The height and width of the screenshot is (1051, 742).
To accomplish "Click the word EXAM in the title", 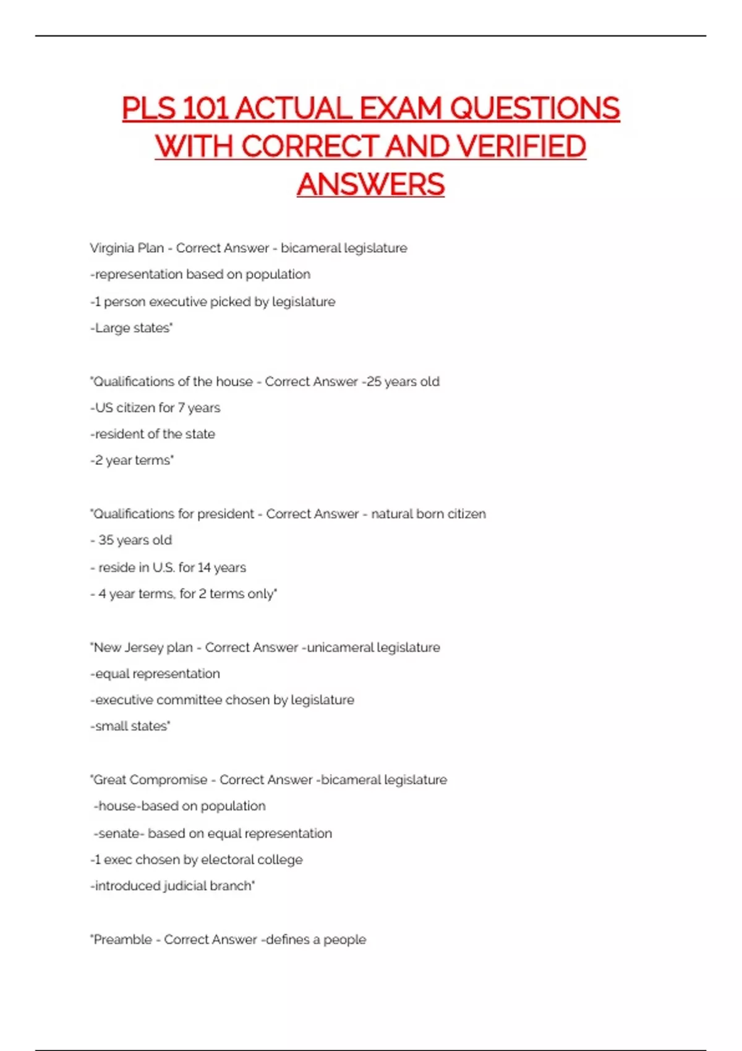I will coord(401,109).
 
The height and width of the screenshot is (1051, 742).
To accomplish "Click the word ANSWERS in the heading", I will coord(370,185).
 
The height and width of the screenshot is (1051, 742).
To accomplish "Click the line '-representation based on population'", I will coord(200,274).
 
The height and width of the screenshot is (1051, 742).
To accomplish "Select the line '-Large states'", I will coord(132,328).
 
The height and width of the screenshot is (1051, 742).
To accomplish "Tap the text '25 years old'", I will coord(403,381).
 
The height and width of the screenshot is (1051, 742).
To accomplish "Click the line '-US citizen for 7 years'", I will coord(155,408).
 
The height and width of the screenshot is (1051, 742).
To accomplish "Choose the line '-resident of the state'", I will coord(153,434).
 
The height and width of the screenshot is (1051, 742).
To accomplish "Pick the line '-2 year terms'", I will coord(132,461).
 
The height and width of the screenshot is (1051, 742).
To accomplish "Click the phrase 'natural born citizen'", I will coord(429,514).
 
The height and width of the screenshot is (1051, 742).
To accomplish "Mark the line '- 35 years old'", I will coord(131,540).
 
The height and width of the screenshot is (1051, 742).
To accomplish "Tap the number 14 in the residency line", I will coord(204,568).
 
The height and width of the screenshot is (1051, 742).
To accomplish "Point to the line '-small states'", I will coord(130,726).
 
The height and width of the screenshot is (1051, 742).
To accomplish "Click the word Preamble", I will coord(122,940).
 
